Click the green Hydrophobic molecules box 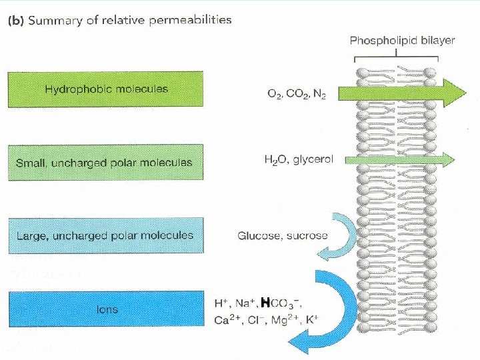[x=105, y=89]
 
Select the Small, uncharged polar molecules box [x=105, y=162]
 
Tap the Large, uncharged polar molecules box [x=105, y=235]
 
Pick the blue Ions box [x=105, y=309]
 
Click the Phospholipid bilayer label [x=402, y=40]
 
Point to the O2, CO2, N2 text [x=296, y=95]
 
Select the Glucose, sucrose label [x=283, y=235]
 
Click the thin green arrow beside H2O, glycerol [x=400, y=159]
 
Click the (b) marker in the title [x=15, y=20]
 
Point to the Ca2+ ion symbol [x=225, y=319]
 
